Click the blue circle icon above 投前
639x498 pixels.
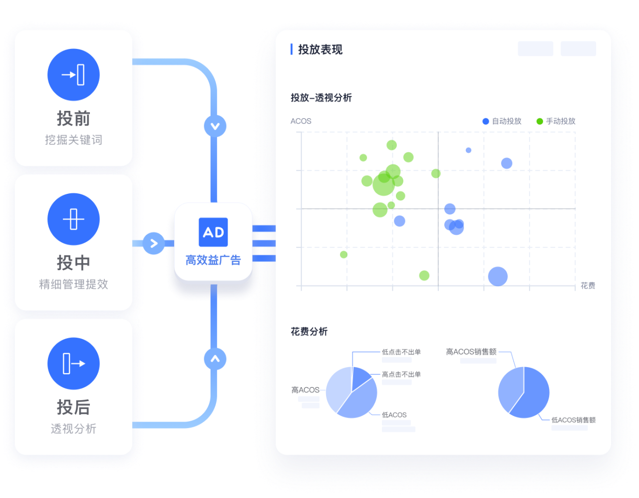click(x=73, y=75)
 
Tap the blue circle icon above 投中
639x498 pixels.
click(x=73, y=219)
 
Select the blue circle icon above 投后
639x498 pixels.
click(x=73, y=364)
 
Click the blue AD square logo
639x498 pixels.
click(x=213, y=232)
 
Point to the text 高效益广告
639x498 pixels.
click(x=213, y=260)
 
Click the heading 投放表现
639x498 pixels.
click(x=320, y=49)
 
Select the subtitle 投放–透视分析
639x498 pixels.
click(x=321, y=98)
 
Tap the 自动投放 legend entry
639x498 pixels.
click(x=502, y=121)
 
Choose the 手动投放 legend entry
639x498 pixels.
click(x=556, y=121)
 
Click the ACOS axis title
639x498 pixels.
click(x=301, y=121)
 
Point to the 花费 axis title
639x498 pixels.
click(x=588, y=285)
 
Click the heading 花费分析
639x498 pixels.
click(x=309, y=332)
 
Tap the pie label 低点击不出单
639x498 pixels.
click(x=401, y=352)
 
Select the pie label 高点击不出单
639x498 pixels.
click(x=401, y=374)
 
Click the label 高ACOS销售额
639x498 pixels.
click(x=471, y=352)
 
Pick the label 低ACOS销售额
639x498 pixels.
click(x=574, y=420)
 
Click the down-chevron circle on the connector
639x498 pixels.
click(x=215, y=126)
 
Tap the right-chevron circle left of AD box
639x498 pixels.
click(x=153, y=243)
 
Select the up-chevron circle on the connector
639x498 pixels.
click(x=215, y=359)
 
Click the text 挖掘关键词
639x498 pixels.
click(x=73, y=140)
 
